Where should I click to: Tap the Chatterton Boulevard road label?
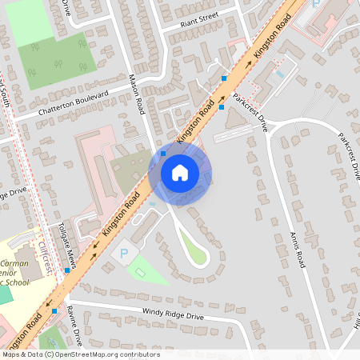click(x=72, y=105)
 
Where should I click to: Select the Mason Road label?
click(x=136, y=94)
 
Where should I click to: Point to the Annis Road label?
click(x=298, y=243)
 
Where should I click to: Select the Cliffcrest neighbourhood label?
click(x=45, y=258)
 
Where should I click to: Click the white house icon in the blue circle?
click(x=180, y=172)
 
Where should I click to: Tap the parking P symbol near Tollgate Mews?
click(x=123, y=254)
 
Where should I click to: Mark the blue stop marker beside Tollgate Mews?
click(x=67, y=270)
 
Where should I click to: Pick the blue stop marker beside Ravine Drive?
click(x=55, y=310)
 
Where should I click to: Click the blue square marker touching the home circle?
click(x=163, y=153)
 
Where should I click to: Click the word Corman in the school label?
click(x=15, y=262)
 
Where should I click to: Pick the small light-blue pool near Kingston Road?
click(x=278, y=74)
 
